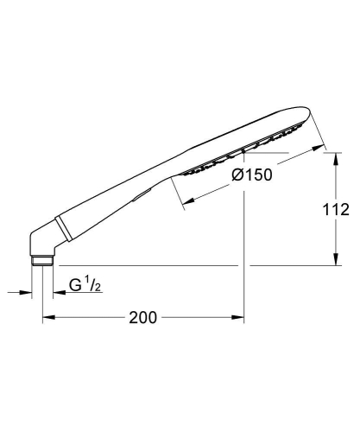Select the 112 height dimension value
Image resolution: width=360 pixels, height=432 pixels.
[x=337, y=208]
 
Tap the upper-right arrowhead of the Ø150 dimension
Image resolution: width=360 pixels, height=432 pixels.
[x=324, y=146]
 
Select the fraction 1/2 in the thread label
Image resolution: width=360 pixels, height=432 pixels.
[x=98, y=282]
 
